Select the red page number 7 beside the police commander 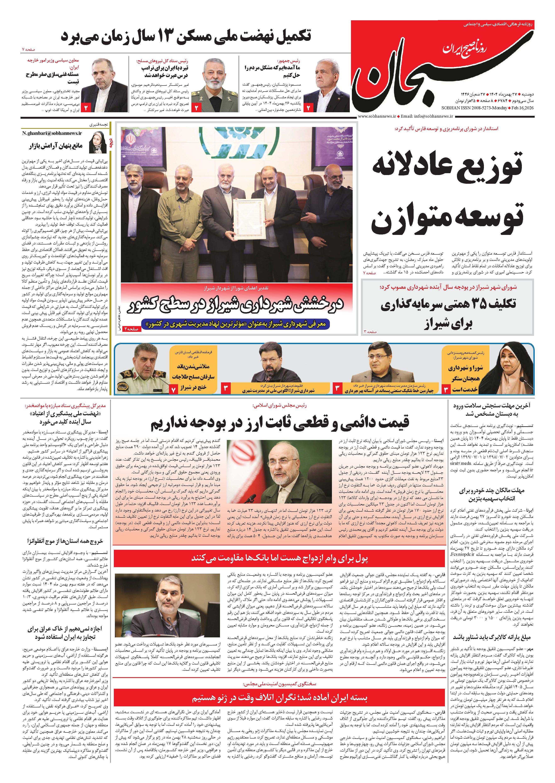(174, 389)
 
